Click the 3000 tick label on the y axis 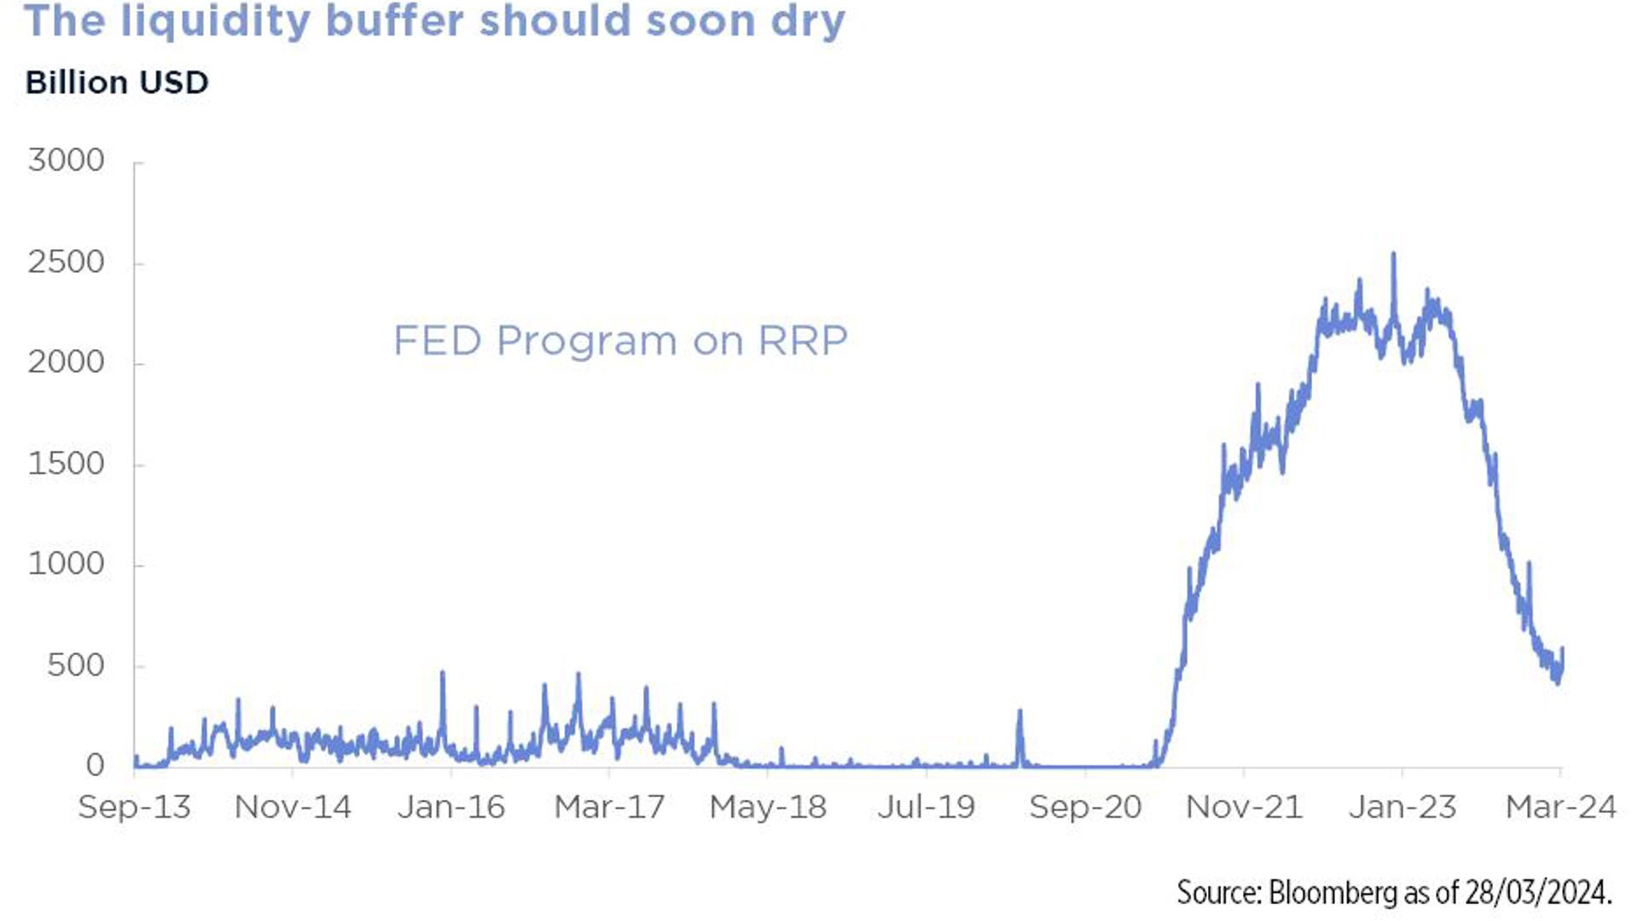[66, 160]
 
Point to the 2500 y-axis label [66, 262]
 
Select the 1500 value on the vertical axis [66, 464]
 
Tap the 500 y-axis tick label [75, 665]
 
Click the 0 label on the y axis [95, 765]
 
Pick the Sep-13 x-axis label [134, 807]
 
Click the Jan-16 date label [451, 807]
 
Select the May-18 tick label [768, 807]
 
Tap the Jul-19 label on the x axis [926, 807]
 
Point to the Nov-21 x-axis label [1244, 807]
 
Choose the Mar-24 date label [1560, 807]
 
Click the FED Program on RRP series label [620, 340]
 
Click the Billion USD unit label [117, 83]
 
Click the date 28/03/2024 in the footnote [1536, 892]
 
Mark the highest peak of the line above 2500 [1394, 254]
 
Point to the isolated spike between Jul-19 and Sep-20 [1019, 710]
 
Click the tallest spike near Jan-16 [442, 673]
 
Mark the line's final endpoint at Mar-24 [1562, 650]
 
